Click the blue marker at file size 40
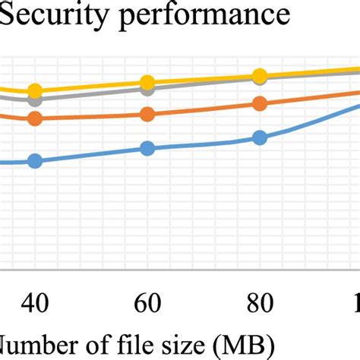tap(34, 160)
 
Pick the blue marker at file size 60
tap(147, 148)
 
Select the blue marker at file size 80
tap(260, 137)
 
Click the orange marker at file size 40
tap(34, 118)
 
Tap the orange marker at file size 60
tap(147, 114)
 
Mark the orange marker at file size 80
tap(260, 103)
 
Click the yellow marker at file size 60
tap(147, 82)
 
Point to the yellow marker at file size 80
tap(260, 74)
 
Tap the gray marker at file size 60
tap(147, 89)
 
